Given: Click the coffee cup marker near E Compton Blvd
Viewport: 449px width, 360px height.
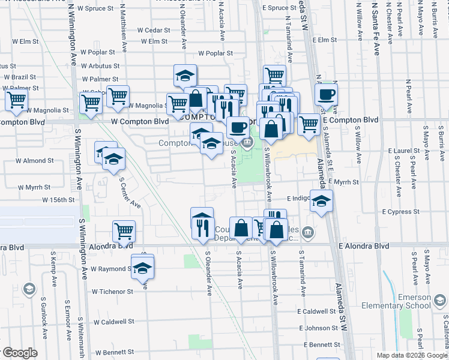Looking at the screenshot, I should click(x=326, y=95).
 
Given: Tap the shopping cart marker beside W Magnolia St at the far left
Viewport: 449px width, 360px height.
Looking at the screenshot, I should click(x=16, y=100).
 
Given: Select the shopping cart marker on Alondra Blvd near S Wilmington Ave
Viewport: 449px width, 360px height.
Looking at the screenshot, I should click(x=124, y=230).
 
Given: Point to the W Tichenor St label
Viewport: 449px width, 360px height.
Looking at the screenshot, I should click(x=112, y=292).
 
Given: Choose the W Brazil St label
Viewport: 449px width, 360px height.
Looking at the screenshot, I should click(x=20, y=77).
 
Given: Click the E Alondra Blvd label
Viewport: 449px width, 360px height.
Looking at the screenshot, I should click(x=363, y=246).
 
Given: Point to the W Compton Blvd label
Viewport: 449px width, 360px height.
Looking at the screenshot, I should click(x=139, y=121).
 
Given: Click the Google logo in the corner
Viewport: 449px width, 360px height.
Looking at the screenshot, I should click(x=19, y=353).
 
